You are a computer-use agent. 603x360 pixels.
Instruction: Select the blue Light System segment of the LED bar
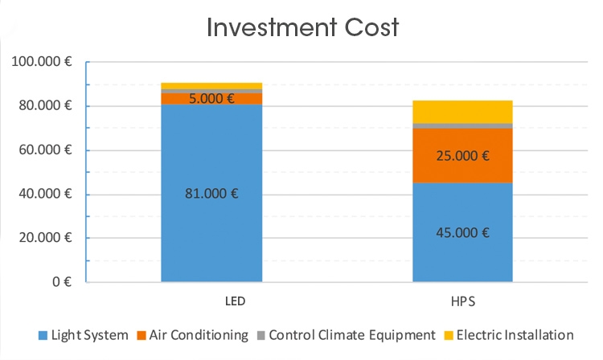pos(211,233)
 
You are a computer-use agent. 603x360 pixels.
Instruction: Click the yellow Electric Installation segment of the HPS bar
pos(462,112)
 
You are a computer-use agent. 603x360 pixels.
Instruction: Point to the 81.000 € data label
pos(212,193)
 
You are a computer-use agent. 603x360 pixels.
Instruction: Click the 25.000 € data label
pos(462,156)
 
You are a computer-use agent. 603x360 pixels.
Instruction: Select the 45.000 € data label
pos(462,233)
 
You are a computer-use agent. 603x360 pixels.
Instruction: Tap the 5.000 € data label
pos(212,99)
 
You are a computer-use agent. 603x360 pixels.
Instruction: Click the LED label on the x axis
pos(212,303)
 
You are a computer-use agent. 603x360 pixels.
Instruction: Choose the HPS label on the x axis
pos(462,303)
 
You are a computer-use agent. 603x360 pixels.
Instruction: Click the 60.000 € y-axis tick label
pos(46,150)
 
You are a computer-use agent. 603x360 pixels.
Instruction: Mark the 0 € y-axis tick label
pos(61,282)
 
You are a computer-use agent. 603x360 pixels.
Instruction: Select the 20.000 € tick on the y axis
pos(46,238)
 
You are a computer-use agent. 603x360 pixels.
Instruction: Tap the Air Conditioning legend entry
pos(195,335)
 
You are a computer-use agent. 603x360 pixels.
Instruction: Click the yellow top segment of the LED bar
pos(211,86)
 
